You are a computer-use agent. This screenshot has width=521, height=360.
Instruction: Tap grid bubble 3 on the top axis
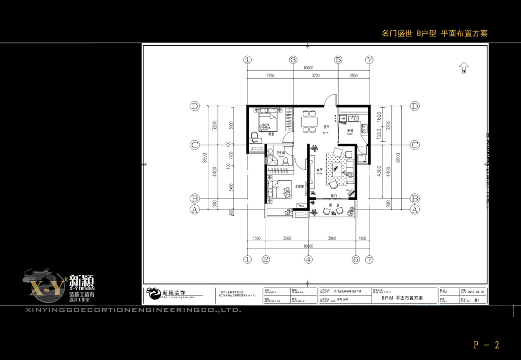tap(293, 60)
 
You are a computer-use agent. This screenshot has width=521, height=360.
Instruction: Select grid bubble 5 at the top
tap(338, 60)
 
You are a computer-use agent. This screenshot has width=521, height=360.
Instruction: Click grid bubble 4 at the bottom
tap(308, 259)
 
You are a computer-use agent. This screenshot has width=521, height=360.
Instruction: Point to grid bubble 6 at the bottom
tap(356, 259)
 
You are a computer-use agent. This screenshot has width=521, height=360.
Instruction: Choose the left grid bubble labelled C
tap(195, 145)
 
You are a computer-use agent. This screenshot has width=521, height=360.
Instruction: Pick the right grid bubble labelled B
tap(415, 198)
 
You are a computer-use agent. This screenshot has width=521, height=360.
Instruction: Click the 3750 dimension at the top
tap(270, 76)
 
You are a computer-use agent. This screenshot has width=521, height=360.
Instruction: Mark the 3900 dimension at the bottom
tap(332, 238)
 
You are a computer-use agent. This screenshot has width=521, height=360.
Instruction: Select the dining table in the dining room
tap(309, 121)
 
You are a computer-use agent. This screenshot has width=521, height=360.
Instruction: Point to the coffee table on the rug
tap(337, 168)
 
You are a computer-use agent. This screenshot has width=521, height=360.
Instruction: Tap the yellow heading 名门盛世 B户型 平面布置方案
tap(435, 33)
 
